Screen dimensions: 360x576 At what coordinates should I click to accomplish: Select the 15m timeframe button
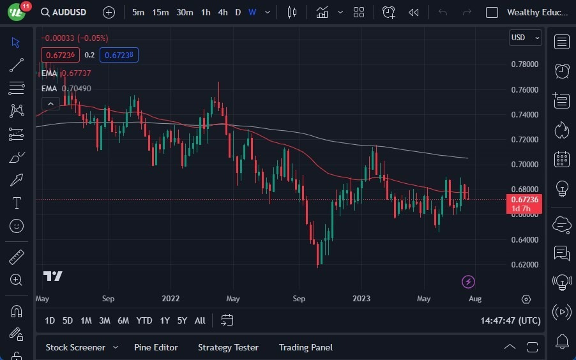(160, 12)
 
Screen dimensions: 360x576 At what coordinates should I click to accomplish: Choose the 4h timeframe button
(222, 12)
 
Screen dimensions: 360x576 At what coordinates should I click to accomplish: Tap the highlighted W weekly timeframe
(252, 12)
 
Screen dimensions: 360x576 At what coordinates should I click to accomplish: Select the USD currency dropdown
(525, 38)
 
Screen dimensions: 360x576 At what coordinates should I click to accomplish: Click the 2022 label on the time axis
(171, 299)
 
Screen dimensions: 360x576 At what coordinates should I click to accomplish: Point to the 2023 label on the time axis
(361, 299)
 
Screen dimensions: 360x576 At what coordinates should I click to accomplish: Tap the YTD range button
(144, 320)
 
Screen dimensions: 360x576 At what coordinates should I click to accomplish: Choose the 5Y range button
(182, 320)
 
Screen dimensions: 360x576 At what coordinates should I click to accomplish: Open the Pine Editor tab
(156, 347)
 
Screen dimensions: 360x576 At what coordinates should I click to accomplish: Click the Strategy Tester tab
(228, 347)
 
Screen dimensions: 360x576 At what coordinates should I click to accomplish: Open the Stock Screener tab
(75, 347)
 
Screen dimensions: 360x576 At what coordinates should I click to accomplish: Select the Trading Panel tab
(306, 347)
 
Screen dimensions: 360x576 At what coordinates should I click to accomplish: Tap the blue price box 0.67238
(121, 55)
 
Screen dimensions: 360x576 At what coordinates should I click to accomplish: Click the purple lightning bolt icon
(469, 281)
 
